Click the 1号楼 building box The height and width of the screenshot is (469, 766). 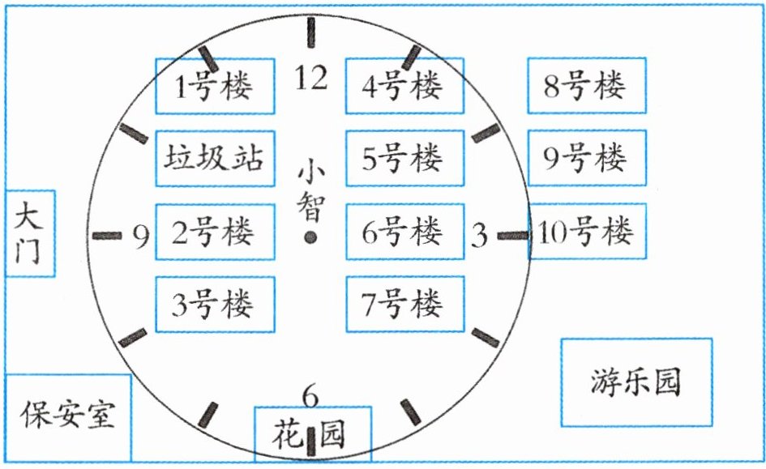pyautogui.click(x=214, y=86)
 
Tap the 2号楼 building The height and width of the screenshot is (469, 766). pyautogui.click(x=214, y=232)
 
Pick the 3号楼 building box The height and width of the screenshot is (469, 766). pyautogui.click(x=214, y=304)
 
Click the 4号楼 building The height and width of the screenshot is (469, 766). pyautogui.click(x=404, y=86)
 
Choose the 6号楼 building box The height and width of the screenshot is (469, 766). pyautogui.click(x=404, y=232)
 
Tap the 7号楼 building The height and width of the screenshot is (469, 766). pyautogui.click(x=404, y=304)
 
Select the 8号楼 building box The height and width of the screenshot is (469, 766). pyautogui.click(x=586, y=86)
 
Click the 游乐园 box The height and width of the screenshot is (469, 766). pyautogui.click(x=635, y=382)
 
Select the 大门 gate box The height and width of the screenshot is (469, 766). pyautogui.click(x=29, y=233)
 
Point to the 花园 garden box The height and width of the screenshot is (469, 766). pyautogui.click(x=312, y=434)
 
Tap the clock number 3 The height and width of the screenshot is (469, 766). pyautogui.click(x=479, y=237)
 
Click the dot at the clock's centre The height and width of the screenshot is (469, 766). pyautogui.click(x=310, y=237)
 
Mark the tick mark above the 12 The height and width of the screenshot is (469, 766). pyautogui.click(x=310, y=34)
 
